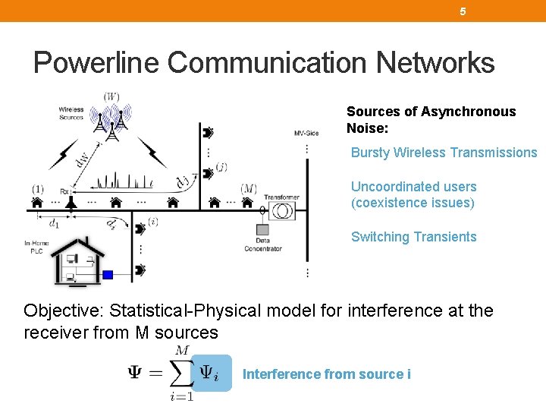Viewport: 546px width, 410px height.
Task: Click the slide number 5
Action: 463,11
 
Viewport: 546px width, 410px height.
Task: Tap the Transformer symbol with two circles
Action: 283,211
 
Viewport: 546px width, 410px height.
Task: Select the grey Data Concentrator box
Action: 262,229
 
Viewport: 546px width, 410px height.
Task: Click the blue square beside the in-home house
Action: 108,275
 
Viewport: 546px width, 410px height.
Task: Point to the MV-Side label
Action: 306,134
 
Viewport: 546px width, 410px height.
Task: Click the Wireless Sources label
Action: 71,114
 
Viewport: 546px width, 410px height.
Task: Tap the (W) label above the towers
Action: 111,96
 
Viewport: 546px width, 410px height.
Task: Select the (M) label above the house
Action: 248,188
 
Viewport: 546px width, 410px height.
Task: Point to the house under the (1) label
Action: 37,203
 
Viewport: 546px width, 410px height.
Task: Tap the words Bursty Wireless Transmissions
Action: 444,153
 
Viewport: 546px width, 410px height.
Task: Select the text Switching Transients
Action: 413,237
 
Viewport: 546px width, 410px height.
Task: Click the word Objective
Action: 63,311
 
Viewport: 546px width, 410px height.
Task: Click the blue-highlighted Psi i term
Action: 210,373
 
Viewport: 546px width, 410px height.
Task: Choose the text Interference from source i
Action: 326,374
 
